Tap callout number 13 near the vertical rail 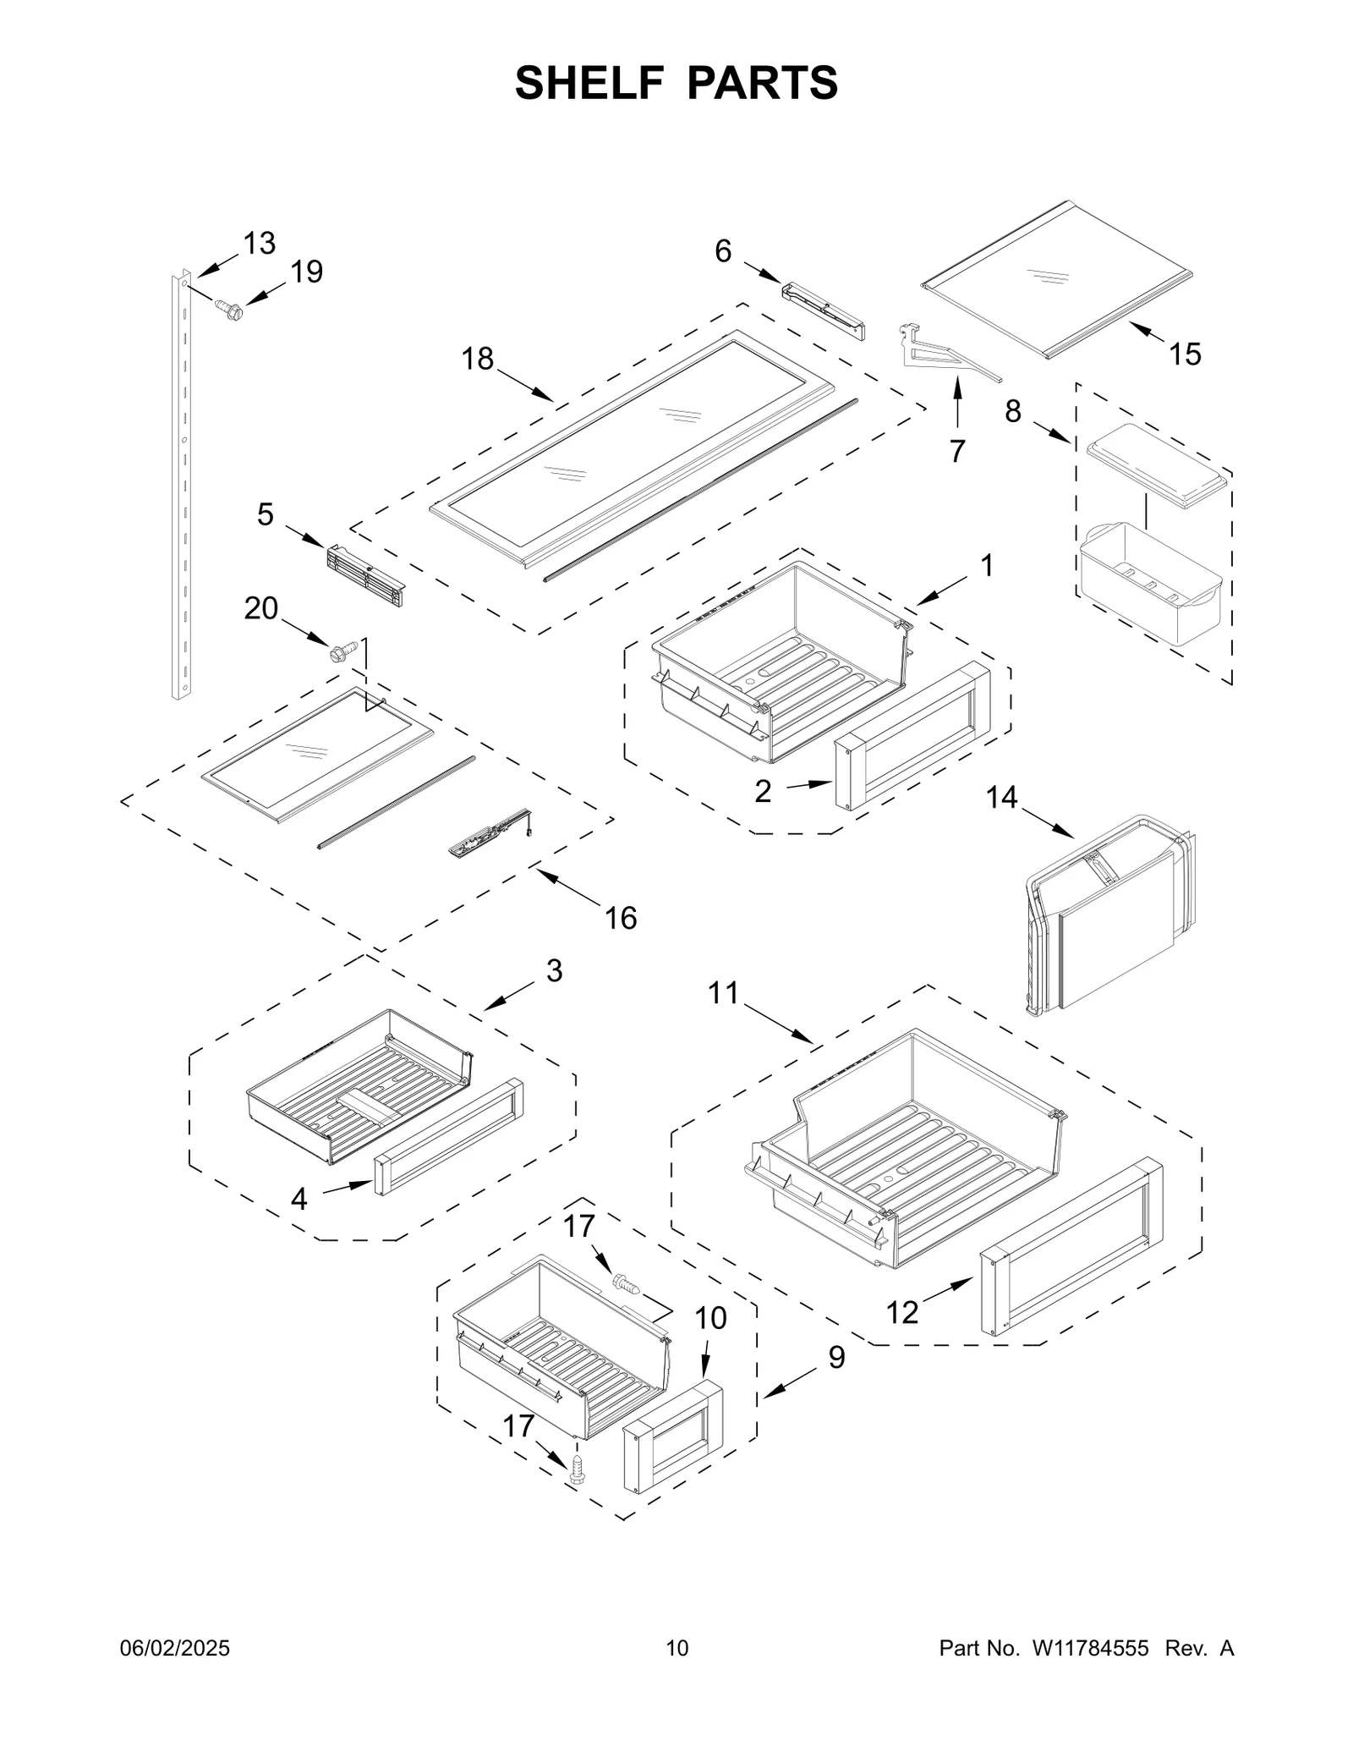click(x=260, y=244)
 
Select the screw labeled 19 click(x=228, y=309)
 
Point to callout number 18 click(x=477, y=360)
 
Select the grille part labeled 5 click(x=364, y=576)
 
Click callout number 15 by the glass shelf click(x=1185, y=354)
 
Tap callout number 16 click(x=621, y=918)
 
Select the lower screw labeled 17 click(x=578, y=1468)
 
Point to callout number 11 click(x=724, y=992)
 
